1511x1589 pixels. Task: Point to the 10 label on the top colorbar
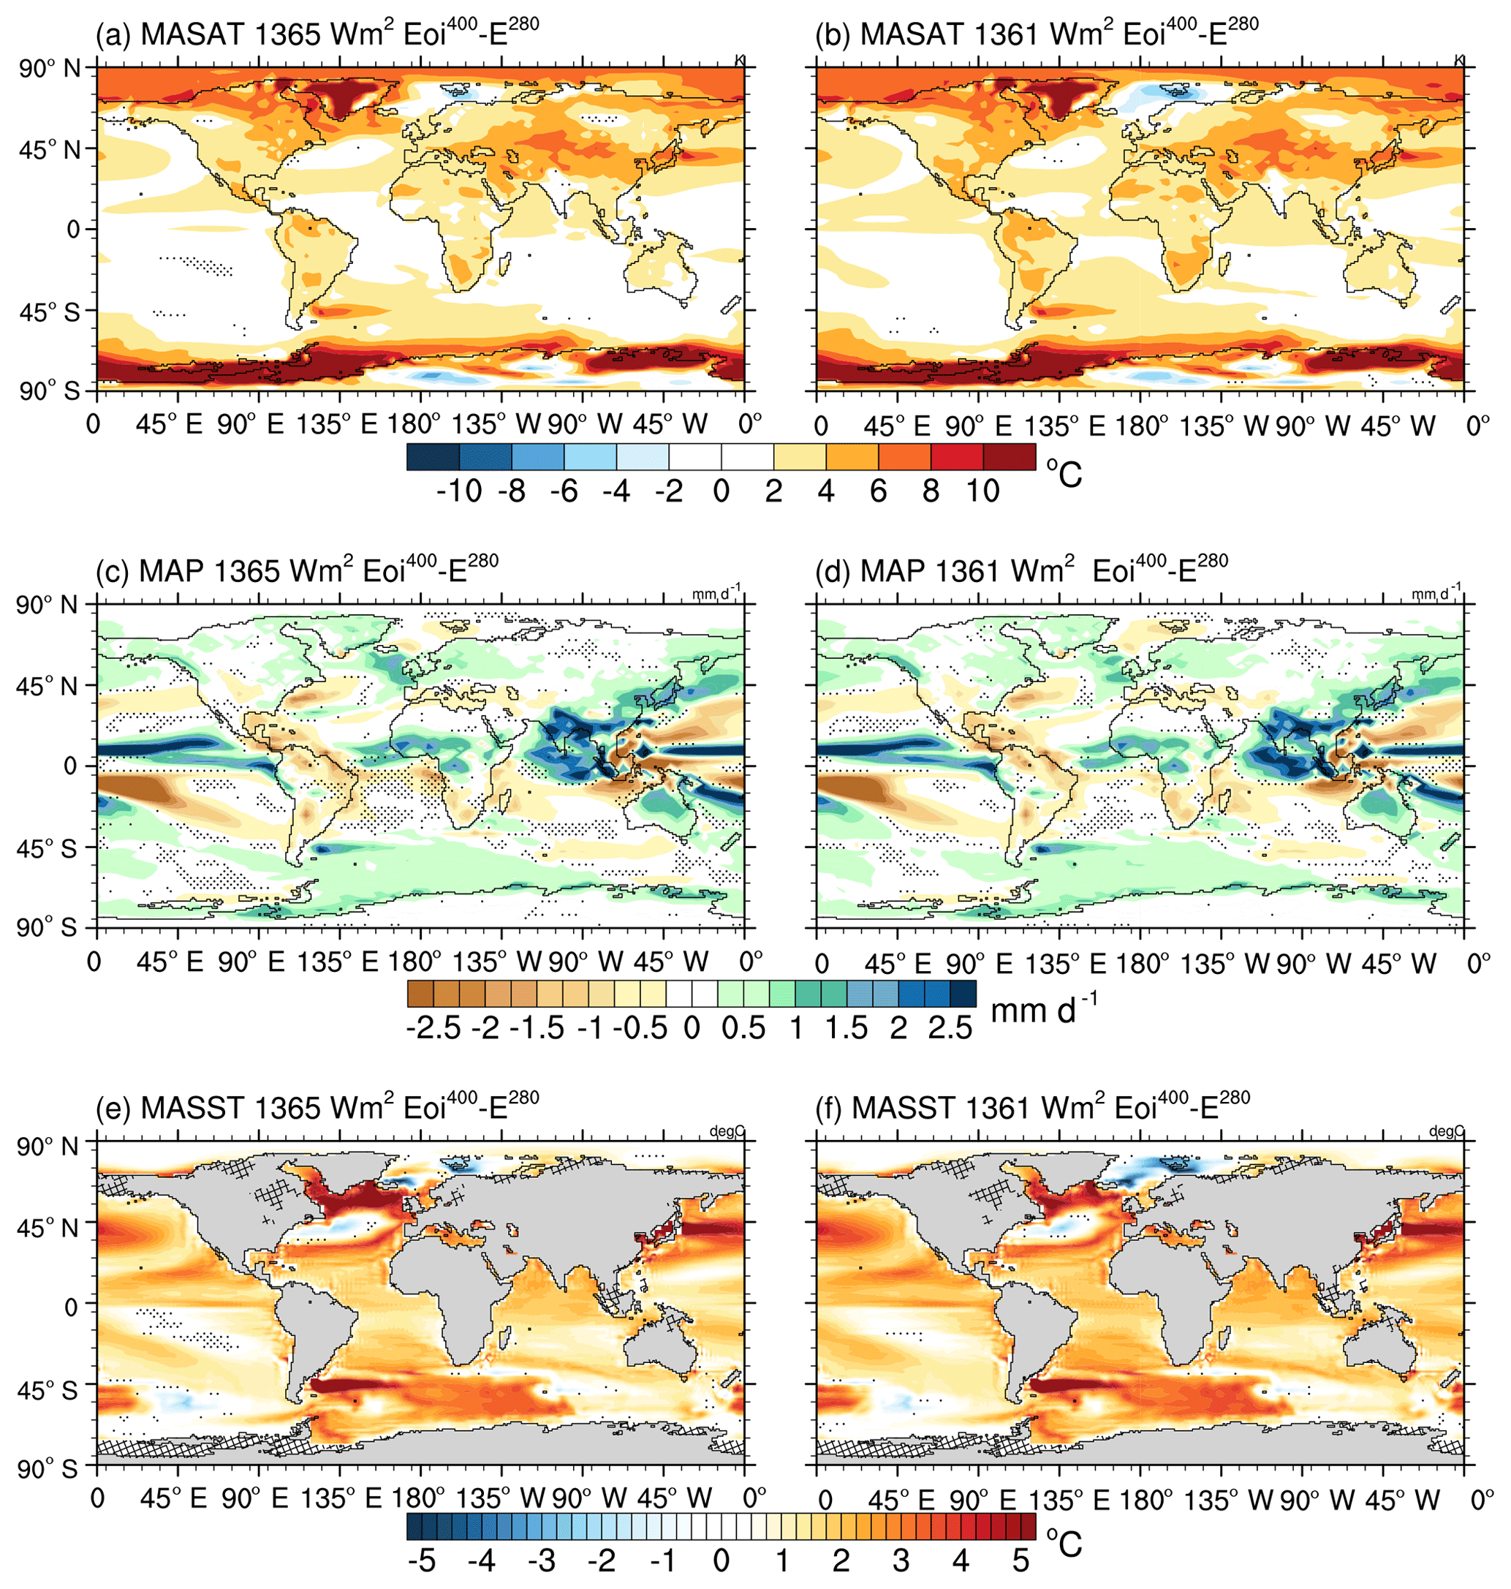click(x=982, y=491)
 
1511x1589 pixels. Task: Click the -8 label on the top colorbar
click(x=512, y=491)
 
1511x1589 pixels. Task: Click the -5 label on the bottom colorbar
click(x=422, y=1560)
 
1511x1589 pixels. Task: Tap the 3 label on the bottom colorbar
click(x=901, y=1560)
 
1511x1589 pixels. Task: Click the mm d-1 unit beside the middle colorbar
click(x=1043, y=1011)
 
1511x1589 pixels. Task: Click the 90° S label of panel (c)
click(x=48, y=927)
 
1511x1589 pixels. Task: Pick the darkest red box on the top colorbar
click(x=1010, y=456)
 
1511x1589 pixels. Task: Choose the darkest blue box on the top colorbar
click(x=433, y=456)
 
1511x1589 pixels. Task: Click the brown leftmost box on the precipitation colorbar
click(x=420, y=993)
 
